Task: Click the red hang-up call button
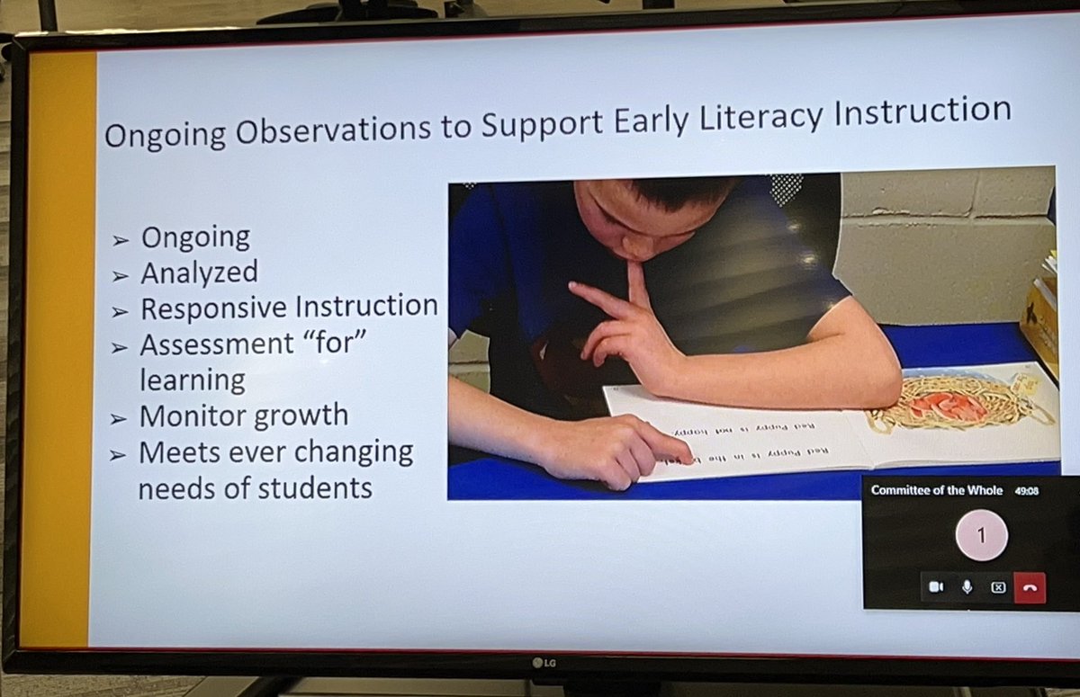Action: pos(1030,587)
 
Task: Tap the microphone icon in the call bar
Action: pos(967,587)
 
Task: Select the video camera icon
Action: pos(935,587)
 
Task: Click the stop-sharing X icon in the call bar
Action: pos(998,587)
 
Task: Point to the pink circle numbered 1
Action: pos(981,536)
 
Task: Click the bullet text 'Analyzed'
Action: pos(199,272)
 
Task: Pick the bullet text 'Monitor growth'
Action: pos(243,416)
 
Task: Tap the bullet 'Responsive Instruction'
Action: pos(289,308)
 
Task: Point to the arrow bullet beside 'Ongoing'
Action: pos(121,240)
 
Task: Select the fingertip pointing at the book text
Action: pos(683,459)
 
